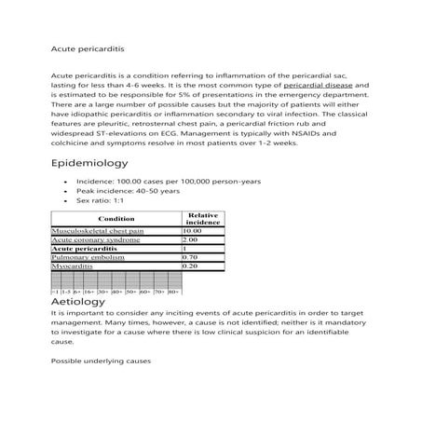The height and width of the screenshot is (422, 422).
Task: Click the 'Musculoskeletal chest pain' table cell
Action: point(98,230)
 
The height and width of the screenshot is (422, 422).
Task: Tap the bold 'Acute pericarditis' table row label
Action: point(84,249)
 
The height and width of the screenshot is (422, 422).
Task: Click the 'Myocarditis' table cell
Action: point(74,266)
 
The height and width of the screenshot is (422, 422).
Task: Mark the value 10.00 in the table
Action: point(193,230)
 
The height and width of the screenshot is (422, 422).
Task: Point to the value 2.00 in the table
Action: point(191,239)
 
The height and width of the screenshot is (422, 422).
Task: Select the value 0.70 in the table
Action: point(191,257)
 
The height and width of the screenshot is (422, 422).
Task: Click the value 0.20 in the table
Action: point(191,266)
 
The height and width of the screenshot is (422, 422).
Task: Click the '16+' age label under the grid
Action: point(88,292)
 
